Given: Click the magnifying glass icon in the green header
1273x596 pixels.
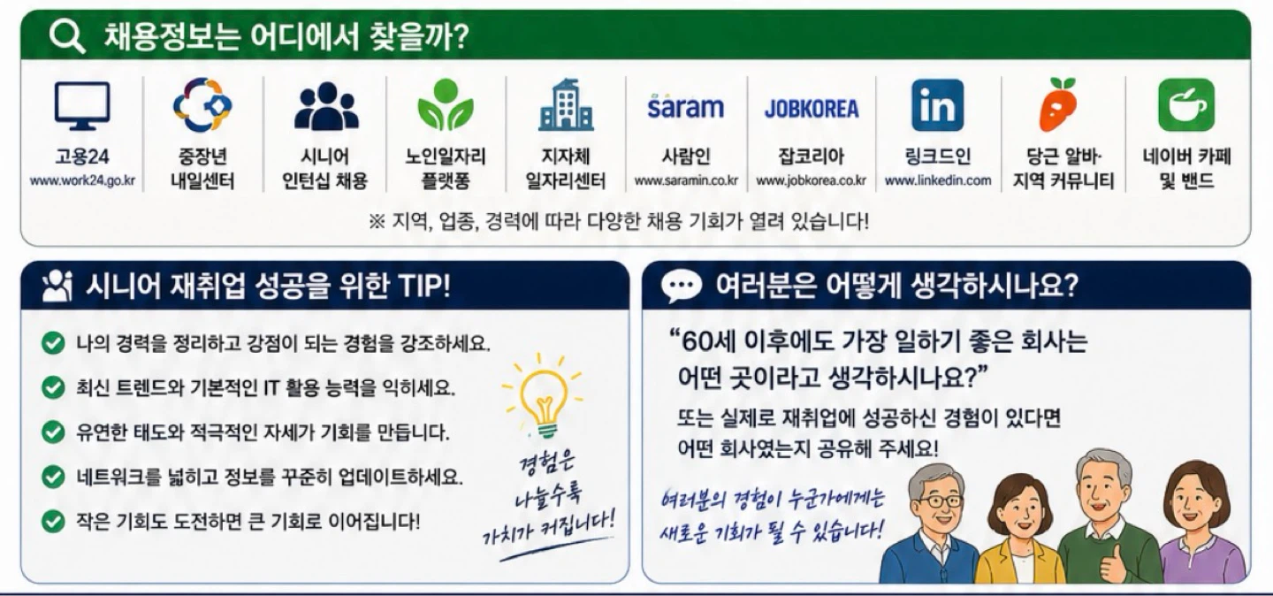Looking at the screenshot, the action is tap(67, 37).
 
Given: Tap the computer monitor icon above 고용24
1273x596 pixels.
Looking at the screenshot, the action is tap(82, 106).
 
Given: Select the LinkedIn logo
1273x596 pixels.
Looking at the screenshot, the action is tap(938, 105).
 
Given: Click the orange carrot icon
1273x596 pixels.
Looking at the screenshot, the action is tap(1058, 104).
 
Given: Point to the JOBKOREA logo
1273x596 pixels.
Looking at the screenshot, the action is tap(812, 108).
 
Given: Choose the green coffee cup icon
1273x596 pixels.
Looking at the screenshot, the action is tap(1186, 105).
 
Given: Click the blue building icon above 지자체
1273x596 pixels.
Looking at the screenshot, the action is tap(566, 104).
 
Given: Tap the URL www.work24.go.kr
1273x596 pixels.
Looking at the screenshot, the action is tap(82, 181).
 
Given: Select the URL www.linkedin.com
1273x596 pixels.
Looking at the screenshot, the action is tap(938, 181).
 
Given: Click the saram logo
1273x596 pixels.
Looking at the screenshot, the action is tap(686, 106).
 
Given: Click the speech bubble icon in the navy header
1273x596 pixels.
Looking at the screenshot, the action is tap(682, 286).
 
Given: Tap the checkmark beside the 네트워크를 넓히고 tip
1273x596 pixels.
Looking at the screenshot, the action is tap(53, 477).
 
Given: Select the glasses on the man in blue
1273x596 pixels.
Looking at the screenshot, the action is tap(941, 501).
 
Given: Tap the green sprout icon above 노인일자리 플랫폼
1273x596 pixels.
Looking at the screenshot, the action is tap(446, 104).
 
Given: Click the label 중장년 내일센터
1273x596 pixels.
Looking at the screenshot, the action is tap(203, 168).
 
